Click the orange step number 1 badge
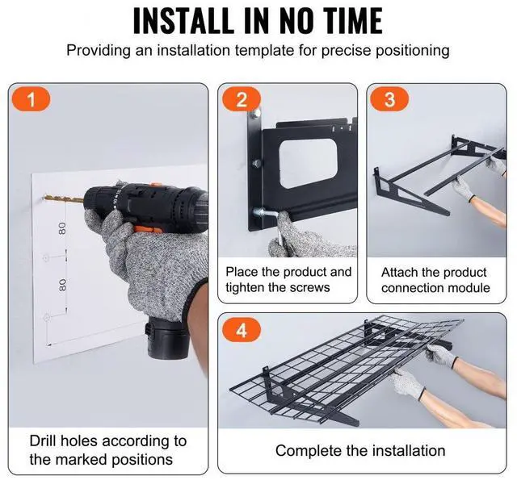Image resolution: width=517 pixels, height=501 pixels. point(31,98)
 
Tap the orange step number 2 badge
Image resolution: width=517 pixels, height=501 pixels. point(242,98)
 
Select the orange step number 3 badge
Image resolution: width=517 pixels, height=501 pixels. point(389,98)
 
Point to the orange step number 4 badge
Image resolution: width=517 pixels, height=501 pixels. point(242,329)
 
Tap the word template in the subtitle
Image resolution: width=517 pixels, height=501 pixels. point(264,51)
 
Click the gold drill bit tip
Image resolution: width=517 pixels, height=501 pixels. point(45,197)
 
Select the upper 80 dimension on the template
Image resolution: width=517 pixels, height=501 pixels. point(62,228)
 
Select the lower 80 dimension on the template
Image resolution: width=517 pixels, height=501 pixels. point(62,285)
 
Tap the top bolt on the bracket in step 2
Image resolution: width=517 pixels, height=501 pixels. point(255,115)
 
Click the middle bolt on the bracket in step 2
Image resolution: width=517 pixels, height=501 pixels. point(256,163)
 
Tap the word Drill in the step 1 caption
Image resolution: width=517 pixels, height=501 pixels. point(42,440)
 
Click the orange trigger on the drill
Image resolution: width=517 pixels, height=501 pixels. point(148,228)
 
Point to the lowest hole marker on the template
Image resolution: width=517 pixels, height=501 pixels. point(46,318)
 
